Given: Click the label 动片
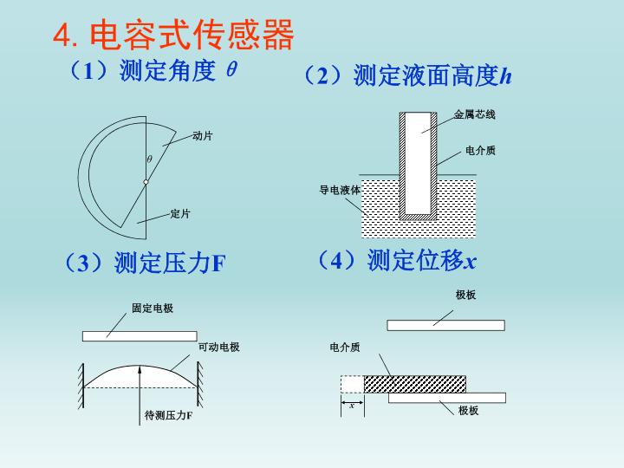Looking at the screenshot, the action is tap(203, 136).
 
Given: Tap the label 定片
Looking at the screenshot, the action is tap(180, 214).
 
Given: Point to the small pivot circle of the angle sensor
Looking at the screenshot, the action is tap(146, 182).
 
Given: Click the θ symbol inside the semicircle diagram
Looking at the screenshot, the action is tap(149, 159).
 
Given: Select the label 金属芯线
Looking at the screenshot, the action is tap(474, 114).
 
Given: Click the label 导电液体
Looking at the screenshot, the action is tap(340, 190).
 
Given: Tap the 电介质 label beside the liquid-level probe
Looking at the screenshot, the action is tap(480, 151).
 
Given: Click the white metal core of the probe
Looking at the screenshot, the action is tap(419, 163).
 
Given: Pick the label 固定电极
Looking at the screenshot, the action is tap(153, 308).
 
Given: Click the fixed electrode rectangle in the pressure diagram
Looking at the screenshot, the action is tap(140, 336).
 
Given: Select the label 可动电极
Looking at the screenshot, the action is tap(219, 347).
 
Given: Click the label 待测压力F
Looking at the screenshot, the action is tap(168, 415).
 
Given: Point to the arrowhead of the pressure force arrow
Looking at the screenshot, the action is tap(140, 369).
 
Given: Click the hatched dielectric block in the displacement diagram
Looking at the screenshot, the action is tap(414, 384).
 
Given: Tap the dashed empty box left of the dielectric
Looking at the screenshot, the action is tap(352, 384).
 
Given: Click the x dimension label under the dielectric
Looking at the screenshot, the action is tap(352, 406).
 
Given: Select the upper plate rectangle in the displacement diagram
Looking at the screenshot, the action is tap(446, 326).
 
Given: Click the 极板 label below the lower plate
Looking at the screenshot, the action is tap(468, 410).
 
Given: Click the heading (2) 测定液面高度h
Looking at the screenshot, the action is tap(408, 75).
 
